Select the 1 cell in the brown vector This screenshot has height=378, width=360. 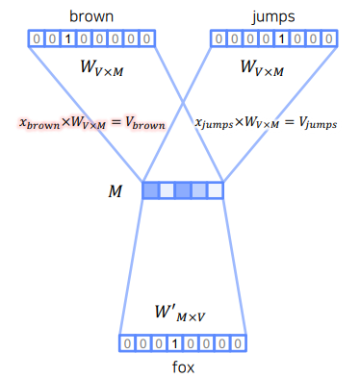click(66, 39)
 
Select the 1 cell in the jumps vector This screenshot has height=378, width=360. click(280, 39)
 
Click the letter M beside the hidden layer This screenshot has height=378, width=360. click(116, 191)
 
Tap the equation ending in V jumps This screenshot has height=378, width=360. click(266, 123)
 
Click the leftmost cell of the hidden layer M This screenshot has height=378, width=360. click(150, 190)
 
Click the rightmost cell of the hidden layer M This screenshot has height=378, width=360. click(215, 190)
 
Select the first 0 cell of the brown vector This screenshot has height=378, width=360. click(36, 39)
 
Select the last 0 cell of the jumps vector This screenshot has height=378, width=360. click(326, 39)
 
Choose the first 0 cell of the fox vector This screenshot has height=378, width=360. click(127, 343)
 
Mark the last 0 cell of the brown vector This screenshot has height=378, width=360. click(144, 39)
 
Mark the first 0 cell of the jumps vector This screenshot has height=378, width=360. click(218, 39)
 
